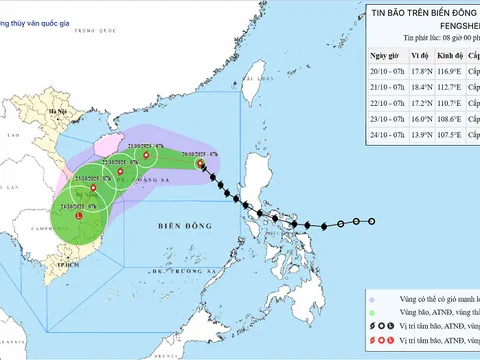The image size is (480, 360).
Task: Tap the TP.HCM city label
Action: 42,265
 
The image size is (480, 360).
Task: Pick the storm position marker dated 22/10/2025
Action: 119,172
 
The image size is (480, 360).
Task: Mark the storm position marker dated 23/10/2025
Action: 93,187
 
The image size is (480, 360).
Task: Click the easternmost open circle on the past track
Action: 371,221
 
